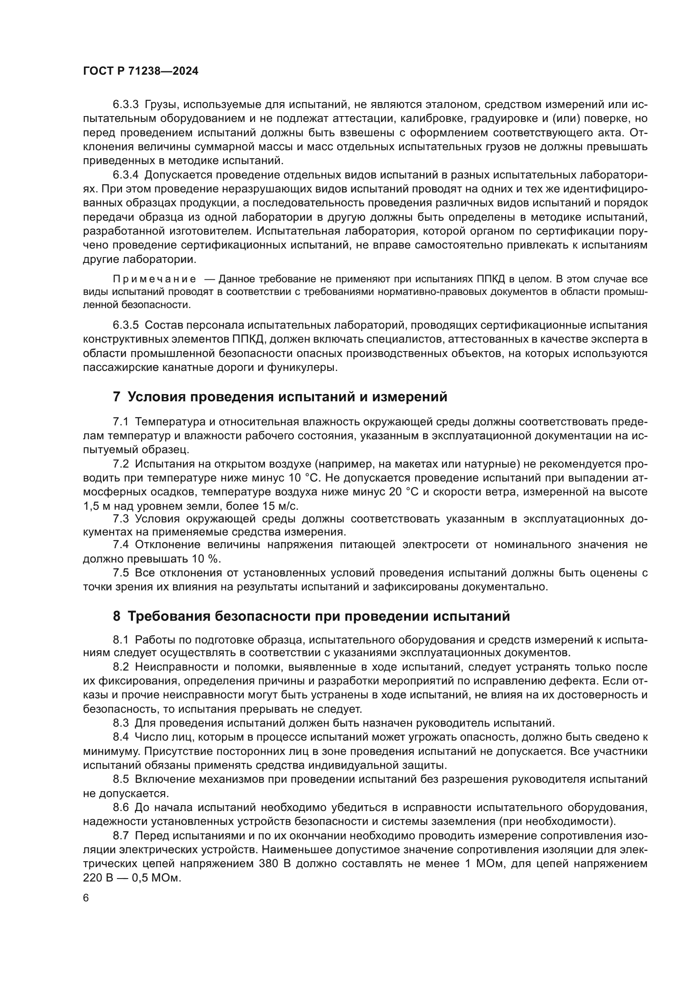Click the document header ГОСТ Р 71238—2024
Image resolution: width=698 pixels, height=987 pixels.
pyautogui.click(x=141, y=71)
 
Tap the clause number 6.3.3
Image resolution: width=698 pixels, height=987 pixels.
pyautogui.click(x=125, y=105)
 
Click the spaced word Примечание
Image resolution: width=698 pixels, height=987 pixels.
pyautogui.click(x=154, y=279)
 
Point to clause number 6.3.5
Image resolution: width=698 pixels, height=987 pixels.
pyautogui.click(x=125, y=325)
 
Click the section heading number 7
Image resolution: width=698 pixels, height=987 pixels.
pyautogui.click(x=116, y=397)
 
